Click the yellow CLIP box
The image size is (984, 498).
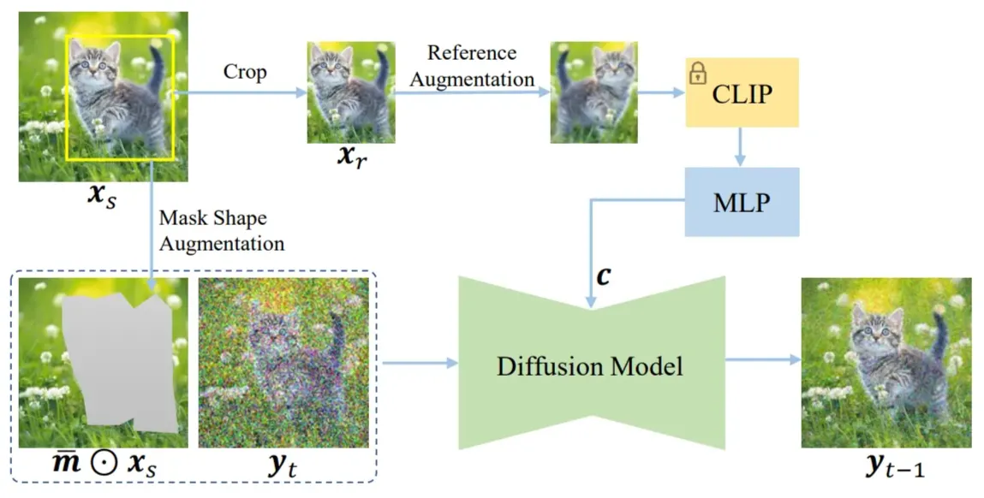pos(742,93)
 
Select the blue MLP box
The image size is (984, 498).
pos(742,202)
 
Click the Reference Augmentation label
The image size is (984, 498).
pos(480,65)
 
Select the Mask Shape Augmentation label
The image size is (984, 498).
pos(221,231)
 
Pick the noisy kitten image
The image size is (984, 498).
pos(283,363)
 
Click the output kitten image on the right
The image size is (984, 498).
pos(886,363)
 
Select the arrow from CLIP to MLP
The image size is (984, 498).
pos(742,148)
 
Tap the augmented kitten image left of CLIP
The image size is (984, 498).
pos(593,92)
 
